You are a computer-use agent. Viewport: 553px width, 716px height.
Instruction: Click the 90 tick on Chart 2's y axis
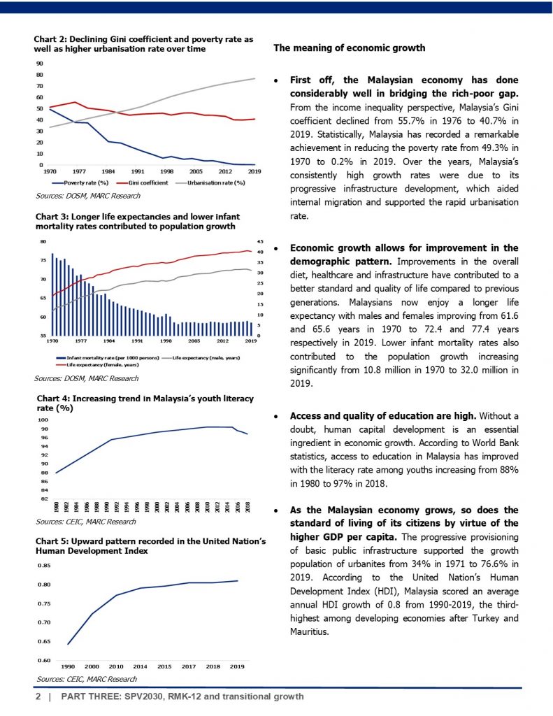click(x=40, y=63)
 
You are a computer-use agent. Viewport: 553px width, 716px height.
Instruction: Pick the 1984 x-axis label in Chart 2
click(x=108, y=171)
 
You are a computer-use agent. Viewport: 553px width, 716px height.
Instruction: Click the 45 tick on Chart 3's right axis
click(x=259, y=242)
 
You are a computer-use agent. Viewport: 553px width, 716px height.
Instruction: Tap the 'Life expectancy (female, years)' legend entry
click(x=102, y=365)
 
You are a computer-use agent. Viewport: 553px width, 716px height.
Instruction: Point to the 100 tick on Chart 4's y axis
click(x=43, y=420)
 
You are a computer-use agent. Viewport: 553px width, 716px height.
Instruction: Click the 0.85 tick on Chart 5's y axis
click(x=43, y=565)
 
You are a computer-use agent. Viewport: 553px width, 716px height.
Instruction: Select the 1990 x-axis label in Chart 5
click(x=69, y=667)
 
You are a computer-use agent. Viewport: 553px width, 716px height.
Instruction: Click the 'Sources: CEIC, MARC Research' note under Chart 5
click(x=85, y=679)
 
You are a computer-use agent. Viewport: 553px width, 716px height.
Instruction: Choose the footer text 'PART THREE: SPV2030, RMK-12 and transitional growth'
click(x=182, y=697)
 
